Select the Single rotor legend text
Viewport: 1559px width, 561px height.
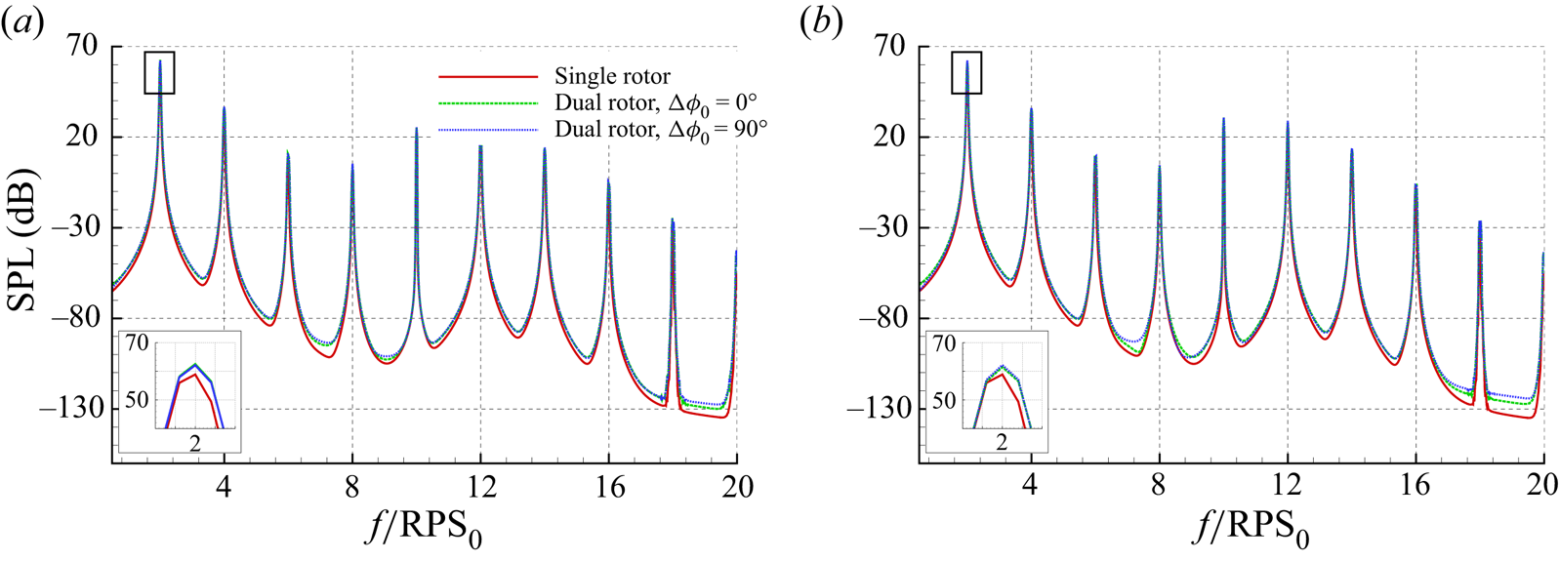pyautogui.click(x=612, y=76)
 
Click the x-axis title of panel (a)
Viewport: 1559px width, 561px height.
pyautogui.click(x=426, y=529)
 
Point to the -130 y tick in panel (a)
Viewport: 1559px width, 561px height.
pyautogui.click(x=71, y=408)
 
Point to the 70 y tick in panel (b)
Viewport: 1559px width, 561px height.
pyautogui.click(x=890, y=46)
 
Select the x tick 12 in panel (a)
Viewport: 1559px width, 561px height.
pyautogui.click(x=480, y=486)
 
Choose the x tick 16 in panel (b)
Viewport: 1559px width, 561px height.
pyautogui.click(x=1415, y=486)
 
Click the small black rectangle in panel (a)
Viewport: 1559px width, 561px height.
pyautogui.click(x=159, y=72)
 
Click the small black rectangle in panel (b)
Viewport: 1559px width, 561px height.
pyautogui.click(x=966, y=72)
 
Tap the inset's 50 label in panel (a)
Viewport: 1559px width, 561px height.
pyautogui.click(x=136, y=400)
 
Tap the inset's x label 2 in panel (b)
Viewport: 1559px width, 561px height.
pyautogui.click(x=1002, y=442)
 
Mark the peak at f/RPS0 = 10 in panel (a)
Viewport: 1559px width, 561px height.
pyautogui.click(x=416, y=129)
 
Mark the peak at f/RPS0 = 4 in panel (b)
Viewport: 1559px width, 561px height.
pyautogui.click(x=1031, y=109)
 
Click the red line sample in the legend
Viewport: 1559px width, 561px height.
pyautogui.click(x=488, y=76)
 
